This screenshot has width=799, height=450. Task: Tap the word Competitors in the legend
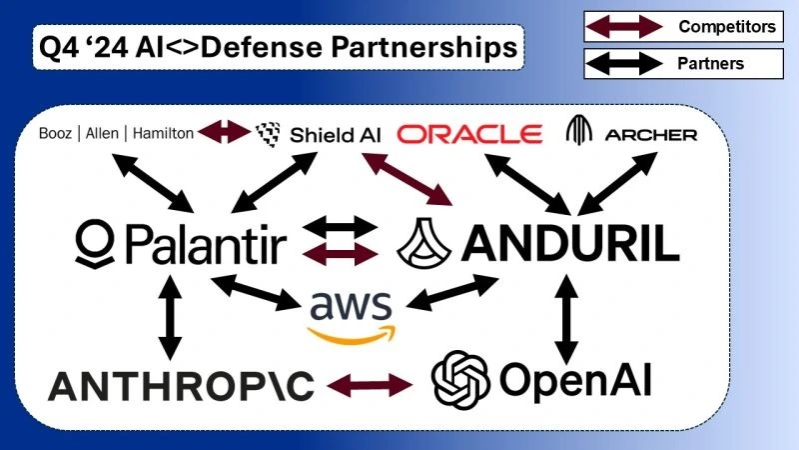[x=726, y=26]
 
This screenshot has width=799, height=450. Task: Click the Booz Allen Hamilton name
[x=116, y=132]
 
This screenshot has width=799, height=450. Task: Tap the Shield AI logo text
[x=336, y=133]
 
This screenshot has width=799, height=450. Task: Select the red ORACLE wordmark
[x=469, y=133]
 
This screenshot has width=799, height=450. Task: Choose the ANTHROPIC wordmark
[x=182, y=383]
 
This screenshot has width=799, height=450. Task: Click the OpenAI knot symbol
[x=458, y=379]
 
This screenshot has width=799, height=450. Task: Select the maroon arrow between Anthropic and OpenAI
[x=369, y=383]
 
